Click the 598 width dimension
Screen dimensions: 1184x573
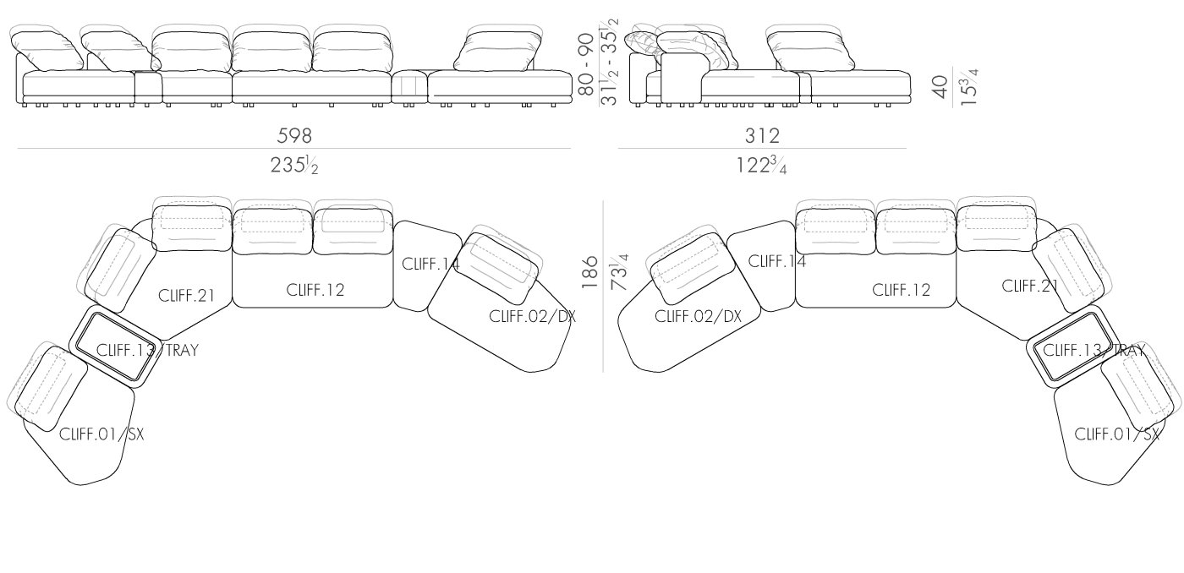point(294,136)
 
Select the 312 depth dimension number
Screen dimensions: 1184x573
point(762,136)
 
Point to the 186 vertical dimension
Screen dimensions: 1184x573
point(589,272)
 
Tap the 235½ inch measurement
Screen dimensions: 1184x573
point(294,165)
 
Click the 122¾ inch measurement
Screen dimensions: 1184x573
point(762,166)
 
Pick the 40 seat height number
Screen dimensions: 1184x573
point(940,86)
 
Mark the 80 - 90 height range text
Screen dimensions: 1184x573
point(587,65)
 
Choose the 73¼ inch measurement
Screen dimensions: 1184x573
point(619,272)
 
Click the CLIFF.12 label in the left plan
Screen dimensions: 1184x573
point(315,290)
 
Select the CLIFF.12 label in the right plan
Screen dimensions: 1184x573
point(902,290)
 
